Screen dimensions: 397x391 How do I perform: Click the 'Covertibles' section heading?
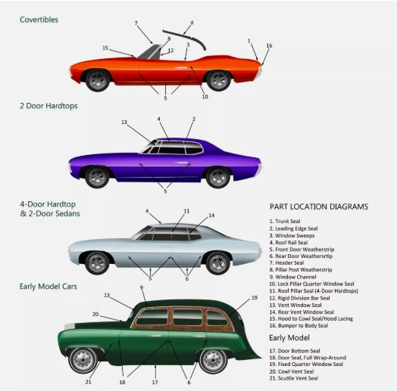39,20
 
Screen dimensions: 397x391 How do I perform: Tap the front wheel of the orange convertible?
98,80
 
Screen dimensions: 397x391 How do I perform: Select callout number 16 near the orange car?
269,45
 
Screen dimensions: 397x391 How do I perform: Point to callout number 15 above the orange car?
105,48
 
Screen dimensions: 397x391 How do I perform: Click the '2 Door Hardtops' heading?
48,106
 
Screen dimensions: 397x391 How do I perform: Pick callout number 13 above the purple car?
124,122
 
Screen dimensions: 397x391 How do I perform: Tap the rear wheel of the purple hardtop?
218,177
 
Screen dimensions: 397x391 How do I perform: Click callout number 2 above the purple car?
194,119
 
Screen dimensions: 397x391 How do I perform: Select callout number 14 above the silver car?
211,216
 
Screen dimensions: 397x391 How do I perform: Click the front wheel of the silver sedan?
97,263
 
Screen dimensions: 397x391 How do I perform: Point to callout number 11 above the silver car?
186,211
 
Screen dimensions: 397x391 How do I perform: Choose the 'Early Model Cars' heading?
48,287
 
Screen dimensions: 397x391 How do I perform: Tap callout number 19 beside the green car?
255,298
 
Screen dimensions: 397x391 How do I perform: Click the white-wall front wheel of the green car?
83,360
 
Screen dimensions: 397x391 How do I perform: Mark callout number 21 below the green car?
88,382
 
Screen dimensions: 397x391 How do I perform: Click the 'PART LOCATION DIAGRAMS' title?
319,206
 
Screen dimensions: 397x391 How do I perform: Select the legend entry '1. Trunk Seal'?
285,222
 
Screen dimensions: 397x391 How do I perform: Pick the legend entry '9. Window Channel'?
292,277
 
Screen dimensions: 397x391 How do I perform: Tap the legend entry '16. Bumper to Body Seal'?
299,325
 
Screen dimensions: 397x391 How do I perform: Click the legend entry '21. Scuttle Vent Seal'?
294,378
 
